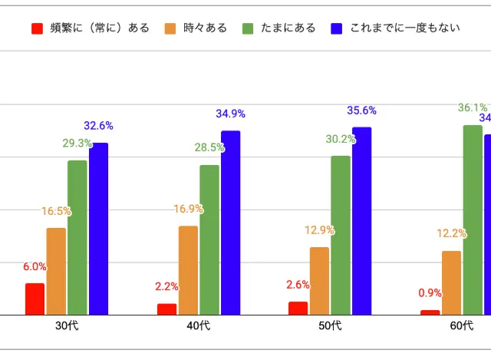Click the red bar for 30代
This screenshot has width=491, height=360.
[35, 299]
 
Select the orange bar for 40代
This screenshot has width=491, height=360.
[188, 270]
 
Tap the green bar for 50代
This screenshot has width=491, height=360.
[341, 235]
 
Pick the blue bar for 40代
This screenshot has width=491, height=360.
[231, 223]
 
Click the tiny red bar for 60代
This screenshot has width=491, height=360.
[430, 312]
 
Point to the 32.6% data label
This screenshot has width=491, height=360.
[98, 125]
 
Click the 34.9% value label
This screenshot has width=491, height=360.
[230, 114]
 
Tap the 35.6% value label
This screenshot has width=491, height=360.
[361, 111]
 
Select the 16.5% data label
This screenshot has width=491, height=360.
[57, 211]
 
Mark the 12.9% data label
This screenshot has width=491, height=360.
[320, 230]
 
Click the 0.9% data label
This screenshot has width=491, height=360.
[430, 293]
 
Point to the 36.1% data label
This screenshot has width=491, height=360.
[473, 107]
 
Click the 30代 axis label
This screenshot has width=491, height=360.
[67, 326]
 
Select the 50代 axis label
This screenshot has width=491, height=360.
[330, 326]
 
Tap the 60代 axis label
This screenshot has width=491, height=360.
[461, 326]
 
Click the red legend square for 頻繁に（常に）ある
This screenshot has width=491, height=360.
[37, 28]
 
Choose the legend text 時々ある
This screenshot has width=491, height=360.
[206, 28]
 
